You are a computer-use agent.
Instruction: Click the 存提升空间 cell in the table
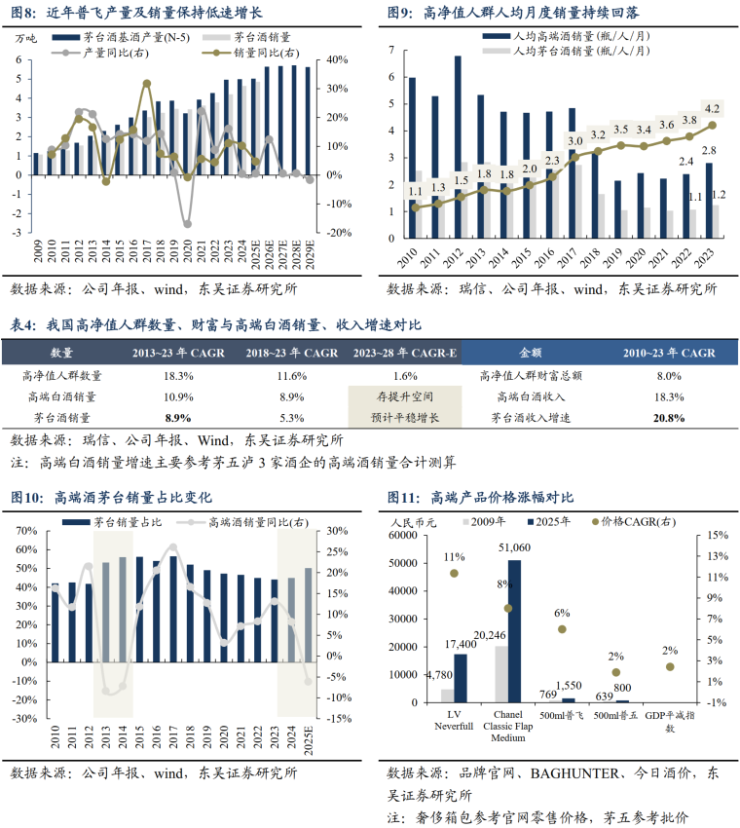pos(404,396)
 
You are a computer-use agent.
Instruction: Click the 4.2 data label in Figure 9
pos(712,108)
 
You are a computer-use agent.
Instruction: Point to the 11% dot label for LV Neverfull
pos(454,557)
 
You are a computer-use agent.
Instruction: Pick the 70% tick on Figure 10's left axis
pos(27,531)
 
